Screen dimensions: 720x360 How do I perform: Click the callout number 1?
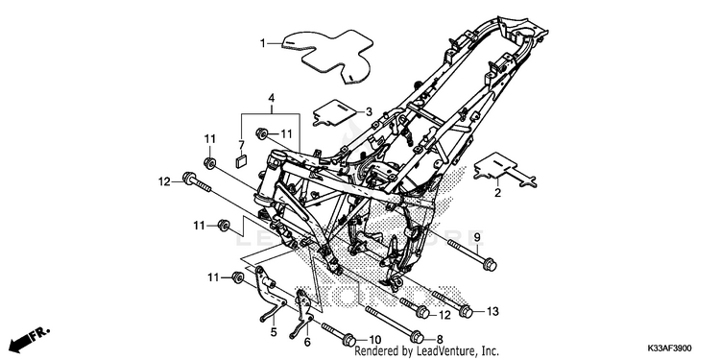(x=263, y=43)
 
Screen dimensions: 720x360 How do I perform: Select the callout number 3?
(x=369, y=111)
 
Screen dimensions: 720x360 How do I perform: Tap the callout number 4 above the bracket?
(x=272, y=98)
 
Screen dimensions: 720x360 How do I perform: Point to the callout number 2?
(x=497, y=193)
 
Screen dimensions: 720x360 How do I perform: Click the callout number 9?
(x=476, y=237)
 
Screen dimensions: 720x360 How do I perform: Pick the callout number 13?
(x=492, y=312)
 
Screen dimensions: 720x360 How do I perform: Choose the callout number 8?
(x=440, y=340)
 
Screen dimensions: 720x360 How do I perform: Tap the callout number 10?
(x=375, y=340)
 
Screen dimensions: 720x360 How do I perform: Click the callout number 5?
(x=274, y=332)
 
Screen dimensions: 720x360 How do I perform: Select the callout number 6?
(x=307, y=342)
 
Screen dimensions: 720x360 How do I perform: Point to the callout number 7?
(x=242, y=146)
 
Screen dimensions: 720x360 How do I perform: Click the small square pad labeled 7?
(x=241, y=160)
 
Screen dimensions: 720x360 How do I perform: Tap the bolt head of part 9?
(x=490, y=265)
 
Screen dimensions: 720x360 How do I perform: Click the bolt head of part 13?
(x=466, y=312)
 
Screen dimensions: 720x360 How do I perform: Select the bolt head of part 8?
(x=417, y=337)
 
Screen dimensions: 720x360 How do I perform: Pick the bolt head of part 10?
(x=349, y=340)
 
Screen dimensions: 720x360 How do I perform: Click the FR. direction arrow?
(x=29, y=339)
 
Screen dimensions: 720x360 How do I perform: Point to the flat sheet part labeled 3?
(x=335, y=112)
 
